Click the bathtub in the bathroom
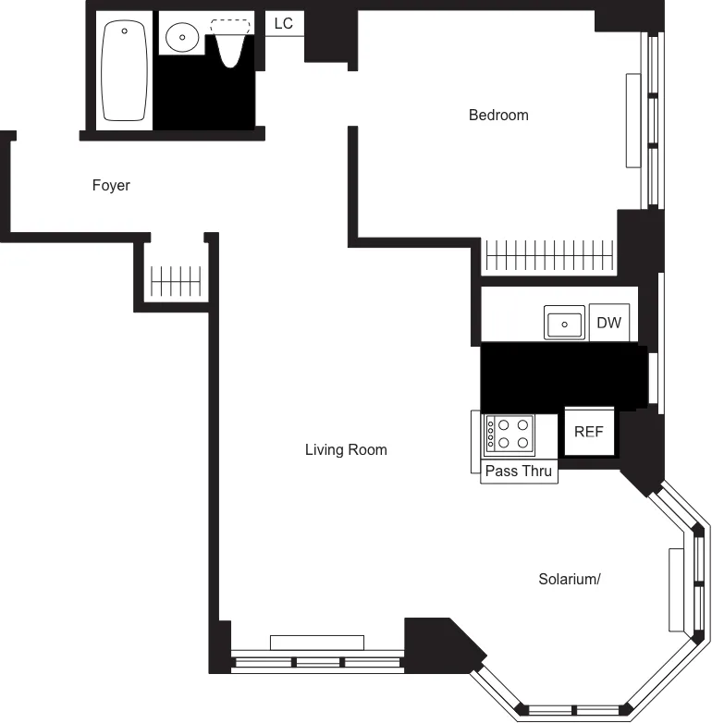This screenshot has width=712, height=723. [x=126, y=72]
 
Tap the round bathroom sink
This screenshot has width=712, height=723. [x=182, y=39]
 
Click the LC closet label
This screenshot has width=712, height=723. [x=284, y=24]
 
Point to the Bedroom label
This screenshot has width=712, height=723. [x=498, y=116]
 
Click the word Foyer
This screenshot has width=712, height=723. [x=111, y=186]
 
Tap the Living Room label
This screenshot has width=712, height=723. [x=346, y=450]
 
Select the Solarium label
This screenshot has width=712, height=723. [x=570, y=580]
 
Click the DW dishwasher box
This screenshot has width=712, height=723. [x=608, y=323]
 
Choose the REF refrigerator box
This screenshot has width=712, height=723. [x=589, y=432]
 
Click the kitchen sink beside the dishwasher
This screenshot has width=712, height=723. [x=564, y=324]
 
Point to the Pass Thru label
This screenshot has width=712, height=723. [x=519, y=472]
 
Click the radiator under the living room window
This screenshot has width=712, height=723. [x=317, y=643]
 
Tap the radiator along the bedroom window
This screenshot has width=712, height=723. [x=633, y=120]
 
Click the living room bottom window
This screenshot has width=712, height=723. [x=317, y=662]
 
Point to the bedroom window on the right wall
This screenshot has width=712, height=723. [x=654, y=120]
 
